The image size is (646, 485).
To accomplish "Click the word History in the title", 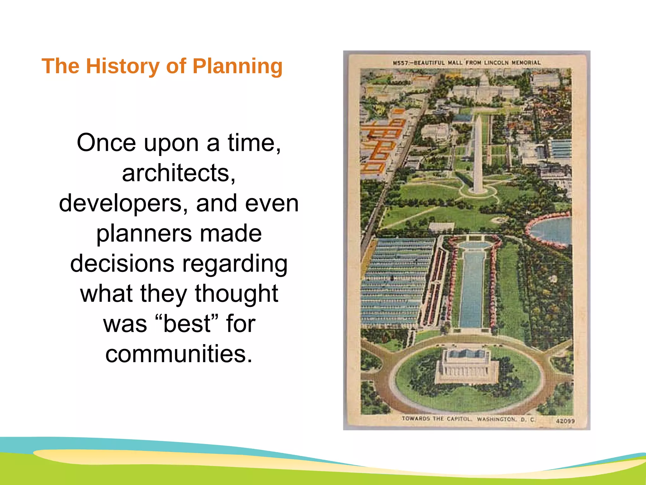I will (123, 66).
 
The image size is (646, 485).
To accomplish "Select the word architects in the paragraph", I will (179, 173).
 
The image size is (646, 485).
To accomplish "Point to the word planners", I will (144, 234).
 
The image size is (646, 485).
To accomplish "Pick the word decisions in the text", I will (122, 264).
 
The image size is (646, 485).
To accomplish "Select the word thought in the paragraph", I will (236, 294).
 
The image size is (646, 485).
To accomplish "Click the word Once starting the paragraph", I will (106, 143).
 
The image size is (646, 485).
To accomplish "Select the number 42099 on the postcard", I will (565, 421).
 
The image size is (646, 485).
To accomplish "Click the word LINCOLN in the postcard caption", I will (496, 63).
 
